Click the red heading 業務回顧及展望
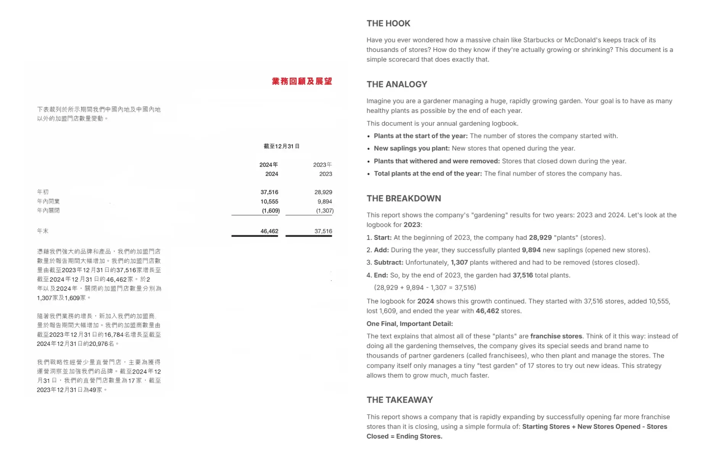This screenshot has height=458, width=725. (x=302, y=81)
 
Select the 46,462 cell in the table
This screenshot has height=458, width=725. (x=269, y=231)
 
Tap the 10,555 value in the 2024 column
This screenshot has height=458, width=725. (x=269, y=202)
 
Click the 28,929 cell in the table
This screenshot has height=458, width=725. (x=323, y=192)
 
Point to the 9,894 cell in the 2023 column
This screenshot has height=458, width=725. (x=325, y=202)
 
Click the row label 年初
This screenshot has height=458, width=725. (x=43, y=192)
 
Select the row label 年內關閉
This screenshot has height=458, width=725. (x=48, y=210)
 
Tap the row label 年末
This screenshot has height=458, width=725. (x=43, y=231)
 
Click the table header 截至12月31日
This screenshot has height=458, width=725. (x=282, y=146)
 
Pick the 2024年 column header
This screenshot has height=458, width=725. (x=269, y=165)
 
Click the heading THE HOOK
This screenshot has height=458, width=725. (x=388, y=24)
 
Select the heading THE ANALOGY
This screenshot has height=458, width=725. (x=397, y=84)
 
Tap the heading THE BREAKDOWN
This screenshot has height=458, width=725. (x=404, y=198)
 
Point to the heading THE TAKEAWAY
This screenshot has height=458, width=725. (x=400, y=400)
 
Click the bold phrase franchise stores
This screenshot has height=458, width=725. (x=556, y=336)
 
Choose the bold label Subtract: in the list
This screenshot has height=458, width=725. (x=388, y=263)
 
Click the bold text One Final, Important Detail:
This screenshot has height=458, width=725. (x=410, y=324)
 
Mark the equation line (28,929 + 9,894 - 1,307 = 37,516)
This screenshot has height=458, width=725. (x=425, y=288)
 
